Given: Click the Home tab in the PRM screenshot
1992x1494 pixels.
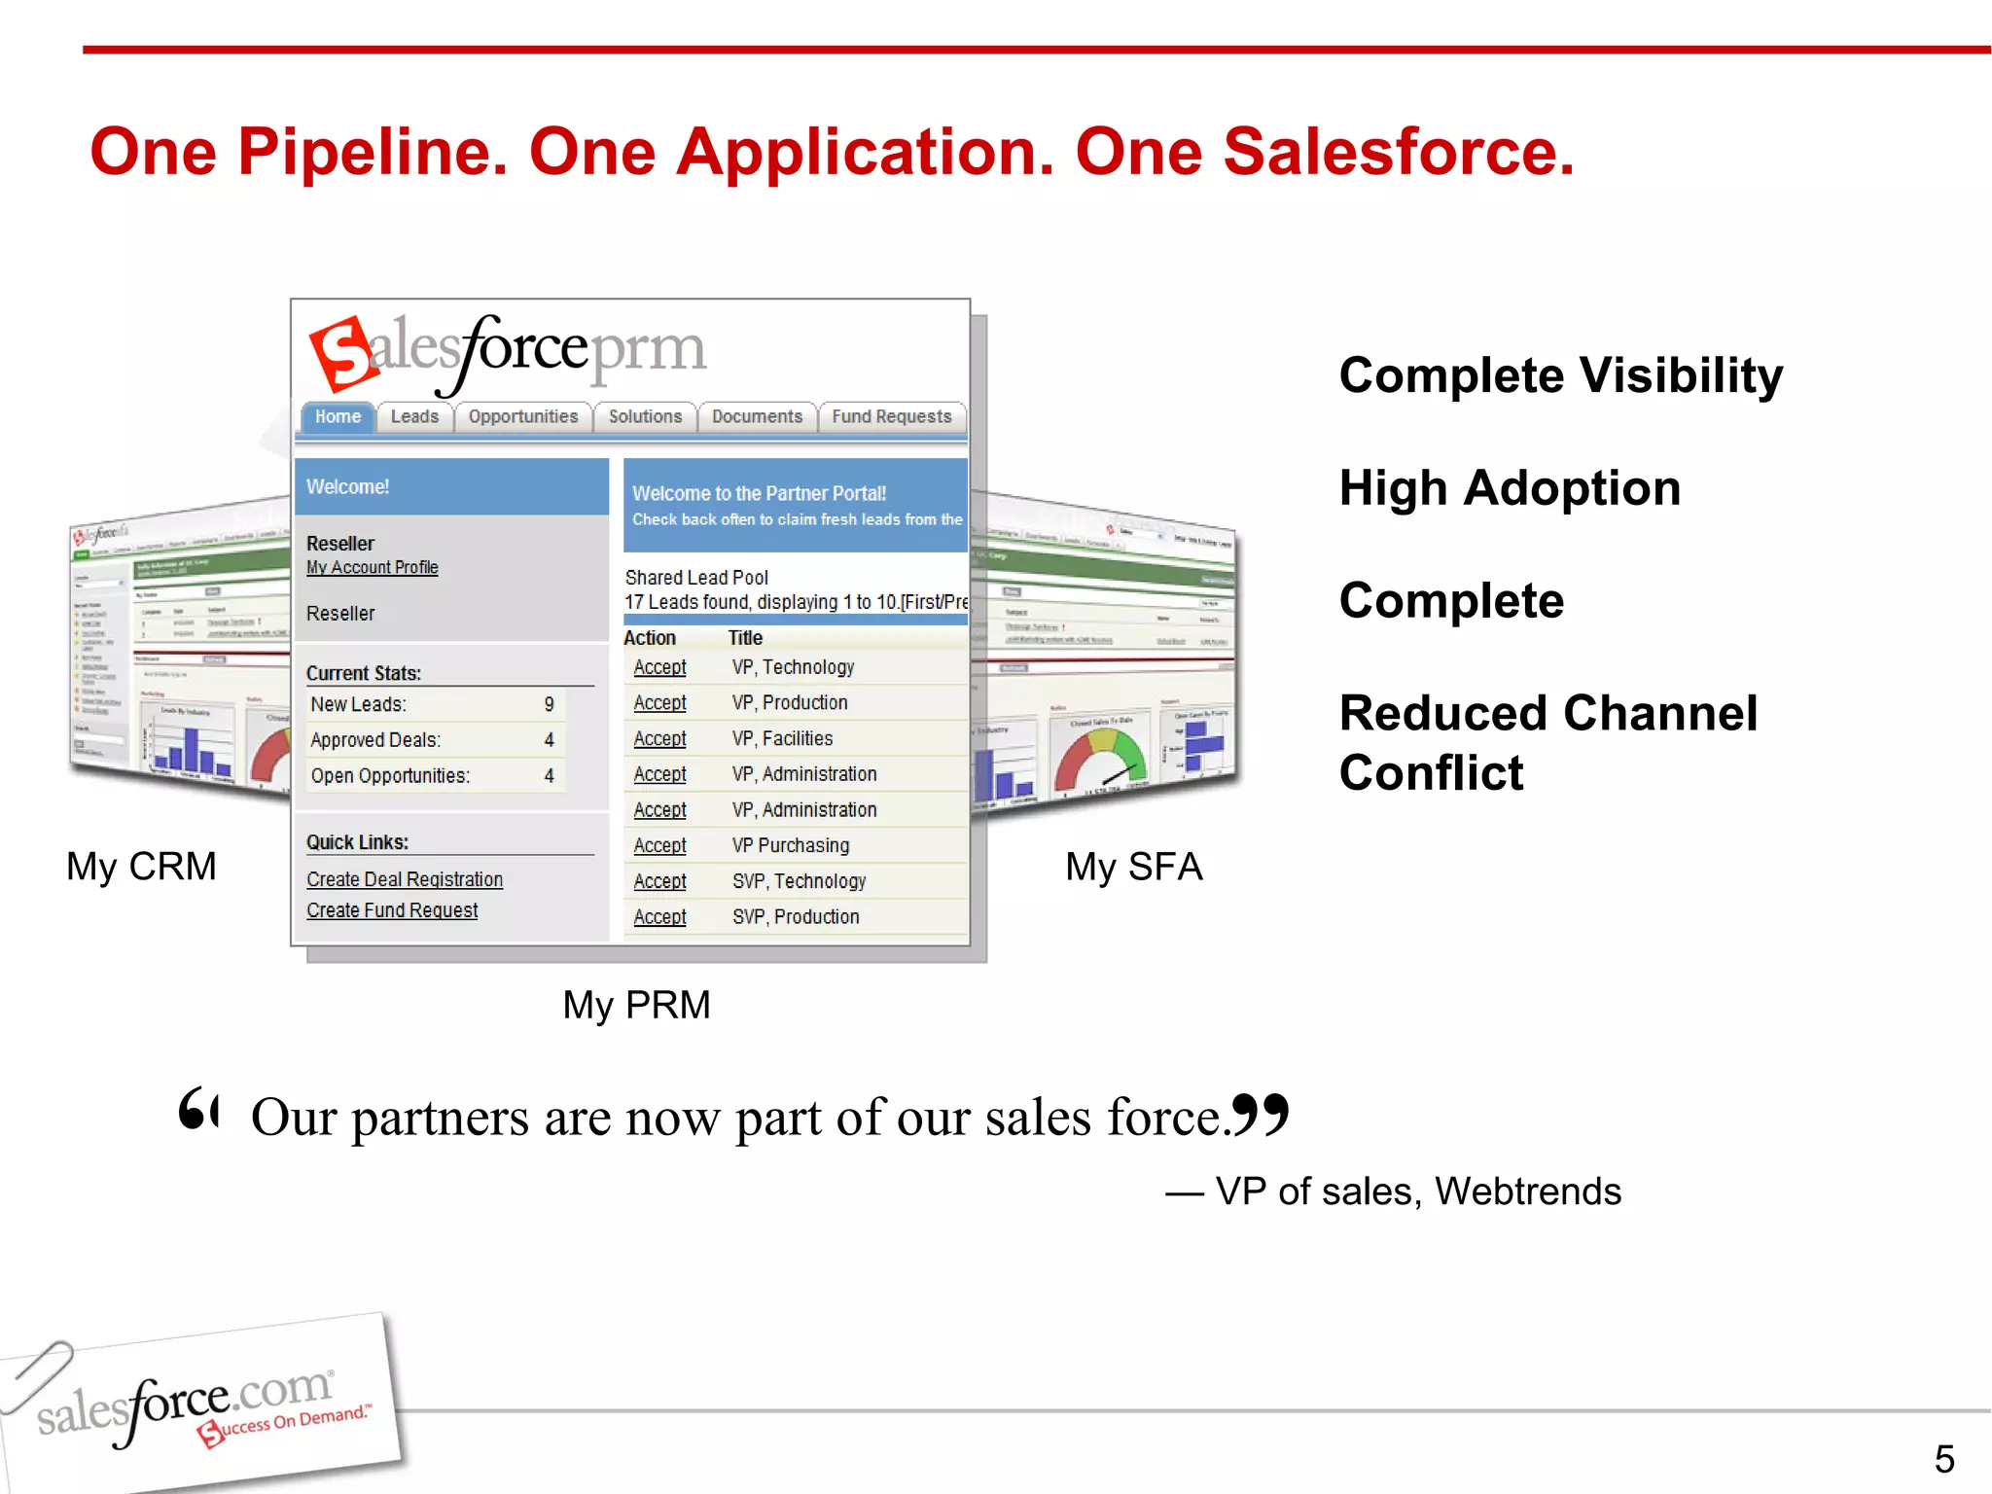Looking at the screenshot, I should (x=338, y=416).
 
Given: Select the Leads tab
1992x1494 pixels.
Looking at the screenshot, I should (x=414, y=416).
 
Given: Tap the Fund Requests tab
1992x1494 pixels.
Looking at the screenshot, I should (x=891, y=416).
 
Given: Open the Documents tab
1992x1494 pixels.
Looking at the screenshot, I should (x=757, y=416).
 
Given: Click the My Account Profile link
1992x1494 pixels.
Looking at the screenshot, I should (x=372, y=567).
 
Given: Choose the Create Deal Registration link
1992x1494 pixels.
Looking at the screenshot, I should (x=405, y=879).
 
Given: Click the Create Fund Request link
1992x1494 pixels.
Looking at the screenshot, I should (x=392, y=910).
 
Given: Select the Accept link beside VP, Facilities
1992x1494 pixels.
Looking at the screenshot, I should (x=659, y=739).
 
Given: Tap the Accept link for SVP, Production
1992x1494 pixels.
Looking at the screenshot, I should (x=659, y=917).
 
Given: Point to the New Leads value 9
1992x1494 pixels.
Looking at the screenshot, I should (x=549, y=704).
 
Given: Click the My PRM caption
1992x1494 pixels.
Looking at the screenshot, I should (x=636, y=1005).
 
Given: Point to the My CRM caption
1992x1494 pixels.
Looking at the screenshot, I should (x=142, y=866).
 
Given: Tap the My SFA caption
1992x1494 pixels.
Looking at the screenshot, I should (x=1134, y=866).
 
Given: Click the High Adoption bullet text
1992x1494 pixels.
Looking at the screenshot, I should (x=1510, y=488).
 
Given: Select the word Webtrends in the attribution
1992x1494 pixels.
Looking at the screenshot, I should (x=1527, y=1192).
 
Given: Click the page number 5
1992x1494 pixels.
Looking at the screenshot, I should (x=1943, y=1459).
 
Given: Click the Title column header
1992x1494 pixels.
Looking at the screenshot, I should (x=745, y=638).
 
